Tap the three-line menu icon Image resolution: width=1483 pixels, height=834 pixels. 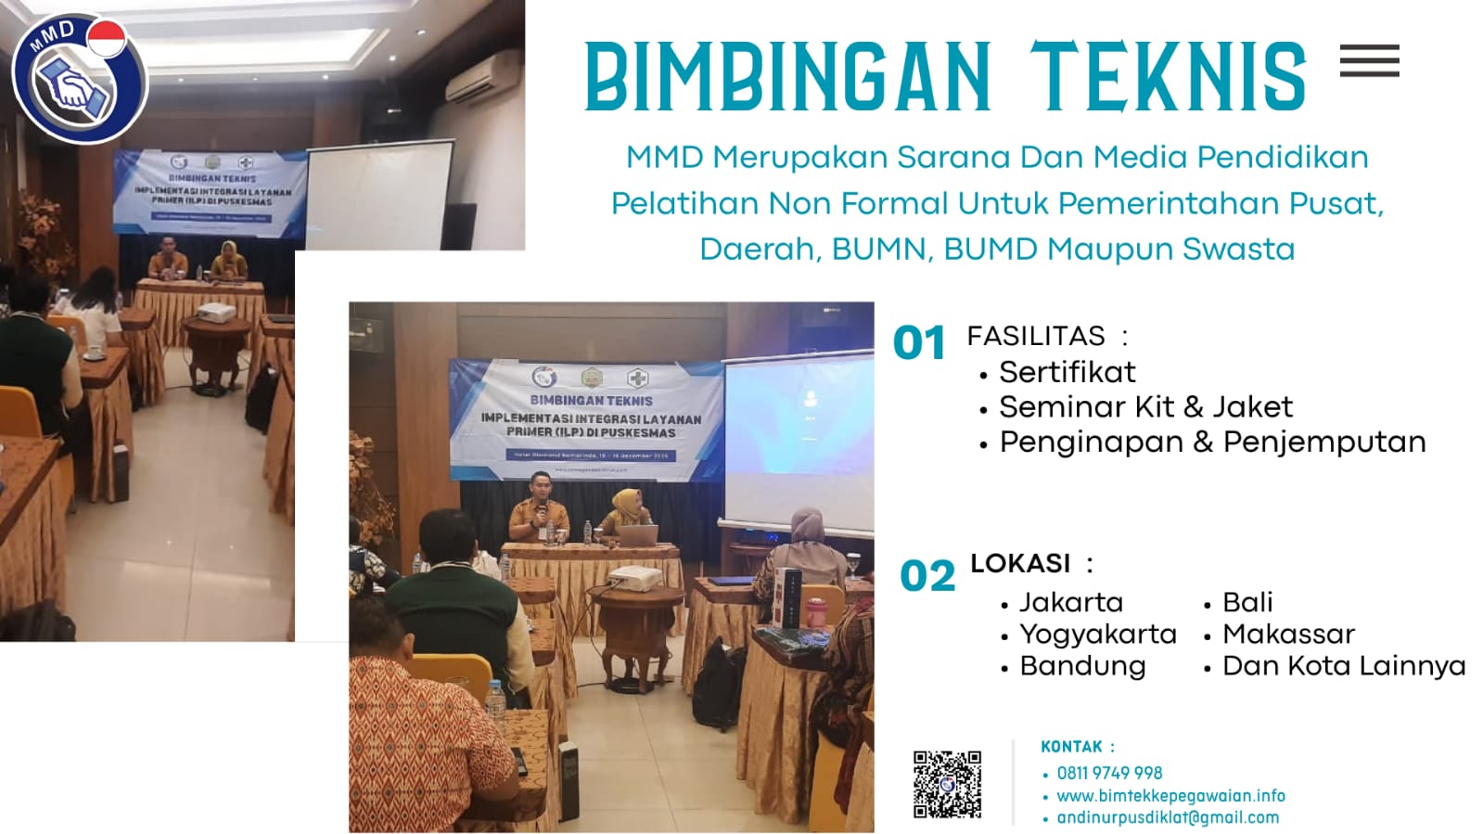[x=1369, y=61]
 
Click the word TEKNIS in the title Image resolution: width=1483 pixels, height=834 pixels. [x=1168, y=78]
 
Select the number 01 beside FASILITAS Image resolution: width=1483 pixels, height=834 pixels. [x=918, y=343]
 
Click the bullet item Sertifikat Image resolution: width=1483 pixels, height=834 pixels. [x=1067, y=372]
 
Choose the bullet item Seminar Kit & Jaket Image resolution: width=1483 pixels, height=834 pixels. [x=1144, y=406]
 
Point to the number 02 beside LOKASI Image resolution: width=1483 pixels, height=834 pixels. [x=927, y=576]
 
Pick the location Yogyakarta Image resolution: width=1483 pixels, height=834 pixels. [x=1097, y=634]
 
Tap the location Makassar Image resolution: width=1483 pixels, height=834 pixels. [x=1288, y=634]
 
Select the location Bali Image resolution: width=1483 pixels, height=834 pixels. [x=1247, y=602]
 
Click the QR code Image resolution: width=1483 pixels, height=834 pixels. [x=947, y=784]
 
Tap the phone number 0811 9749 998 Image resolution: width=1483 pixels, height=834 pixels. [x=1109, y=773]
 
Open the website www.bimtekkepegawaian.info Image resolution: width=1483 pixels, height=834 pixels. [x=1170, y=795]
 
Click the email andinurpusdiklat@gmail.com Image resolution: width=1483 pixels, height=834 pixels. [x=1168, y=817]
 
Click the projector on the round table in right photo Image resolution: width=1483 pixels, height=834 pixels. [x=634, y=578]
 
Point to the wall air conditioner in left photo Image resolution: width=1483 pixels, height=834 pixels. [x=483, y=77]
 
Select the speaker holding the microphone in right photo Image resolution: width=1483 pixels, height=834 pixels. [x=537, y=507]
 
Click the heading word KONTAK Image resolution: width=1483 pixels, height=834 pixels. [x=1071, y=747]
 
